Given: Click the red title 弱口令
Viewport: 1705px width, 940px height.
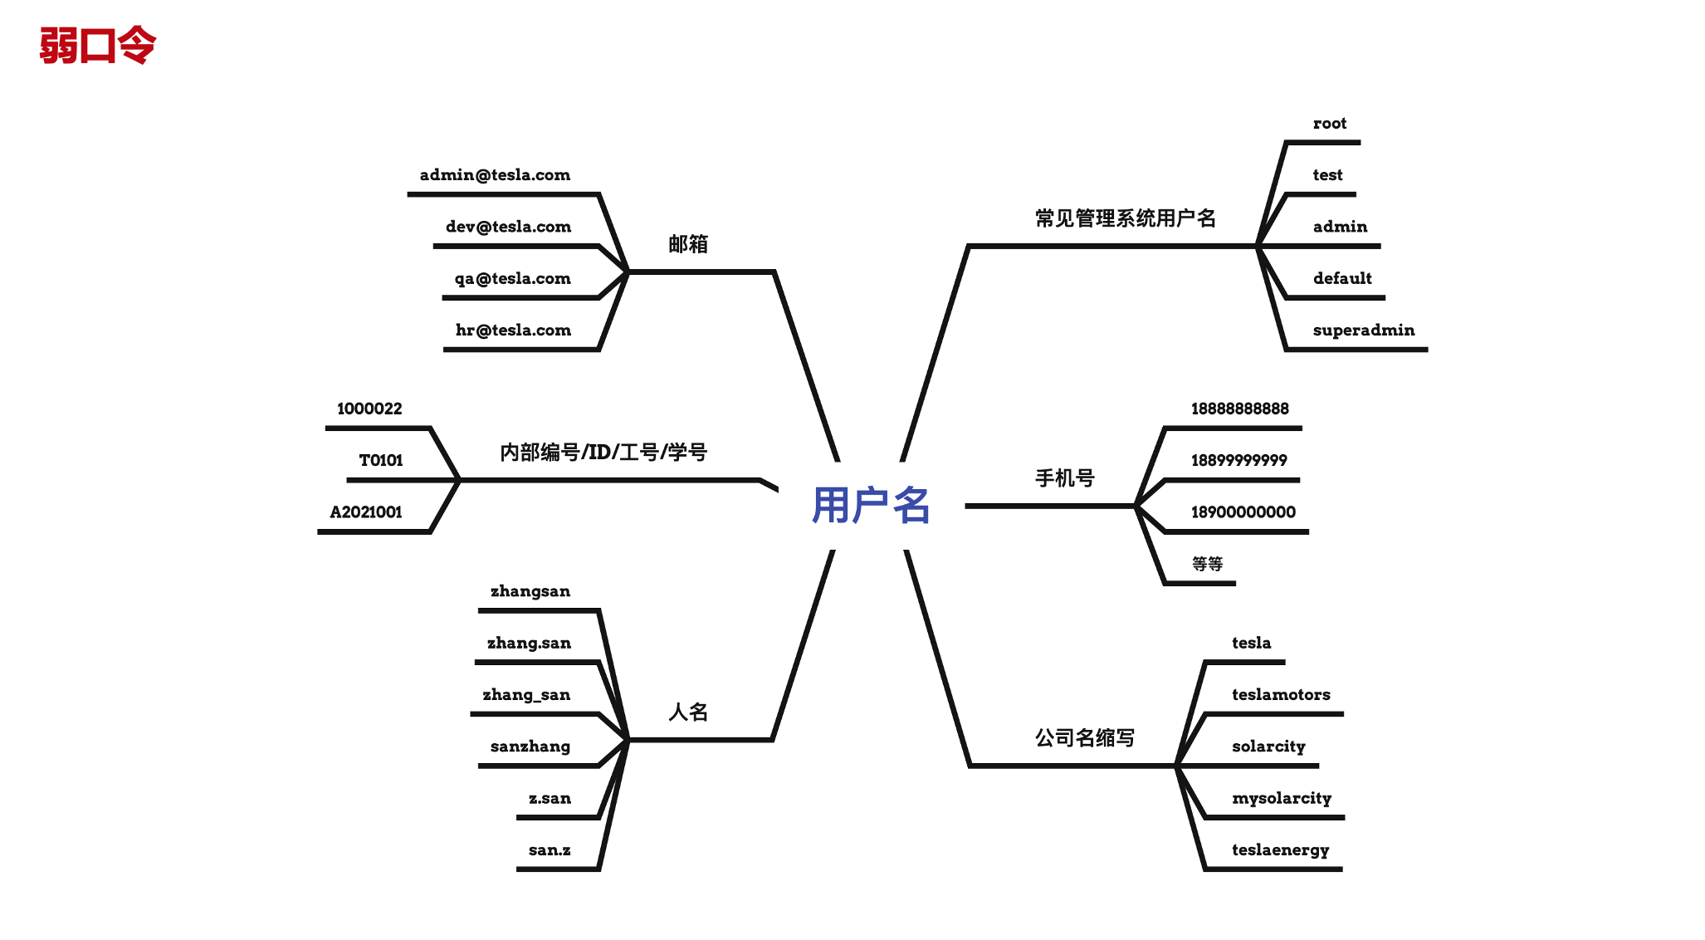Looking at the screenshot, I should click(97, 46).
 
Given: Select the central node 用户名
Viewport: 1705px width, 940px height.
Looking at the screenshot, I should click(870, 505).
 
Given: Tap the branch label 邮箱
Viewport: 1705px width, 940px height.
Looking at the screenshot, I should click(687, 244).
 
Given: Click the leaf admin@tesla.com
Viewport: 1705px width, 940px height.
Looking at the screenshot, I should click(495, 175).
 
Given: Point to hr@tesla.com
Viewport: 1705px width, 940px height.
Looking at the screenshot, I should click(513, 330).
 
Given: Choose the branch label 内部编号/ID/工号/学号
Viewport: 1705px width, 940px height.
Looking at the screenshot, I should click(603, 453).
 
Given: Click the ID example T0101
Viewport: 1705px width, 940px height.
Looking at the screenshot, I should click(380, 461).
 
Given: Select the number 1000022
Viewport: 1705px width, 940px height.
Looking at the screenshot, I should click(369, 409).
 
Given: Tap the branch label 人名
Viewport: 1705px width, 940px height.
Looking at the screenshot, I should click(687, 712).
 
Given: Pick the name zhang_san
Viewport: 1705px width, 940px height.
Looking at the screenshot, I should click(526, 695).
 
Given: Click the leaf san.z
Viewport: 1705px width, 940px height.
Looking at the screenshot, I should click(550, 850).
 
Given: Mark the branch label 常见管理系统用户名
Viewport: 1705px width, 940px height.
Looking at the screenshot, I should click(1125, 218).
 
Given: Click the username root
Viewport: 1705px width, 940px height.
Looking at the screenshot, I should click(1329, 124).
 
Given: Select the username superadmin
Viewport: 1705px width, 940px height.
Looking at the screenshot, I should click(1363, 330).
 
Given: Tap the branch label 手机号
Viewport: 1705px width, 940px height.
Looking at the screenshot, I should click(1064, 478).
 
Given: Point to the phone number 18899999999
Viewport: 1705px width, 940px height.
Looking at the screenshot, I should click(1238, 461).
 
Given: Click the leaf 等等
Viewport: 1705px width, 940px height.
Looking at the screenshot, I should click(1207, 564).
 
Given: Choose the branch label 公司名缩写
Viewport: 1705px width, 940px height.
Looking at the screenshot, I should click(1084, 737).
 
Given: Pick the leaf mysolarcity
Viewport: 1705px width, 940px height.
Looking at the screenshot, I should click(1281, 799).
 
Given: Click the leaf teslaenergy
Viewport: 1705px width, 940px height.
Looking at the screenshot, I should click(1280, 850).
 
